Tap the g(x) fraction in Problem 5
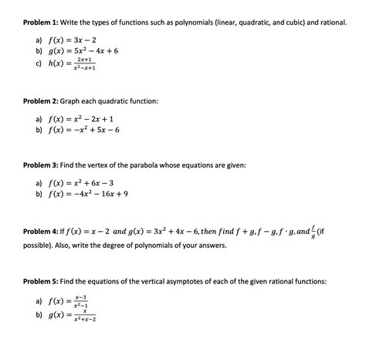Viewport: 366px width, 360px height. click(x=84, y=315)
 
